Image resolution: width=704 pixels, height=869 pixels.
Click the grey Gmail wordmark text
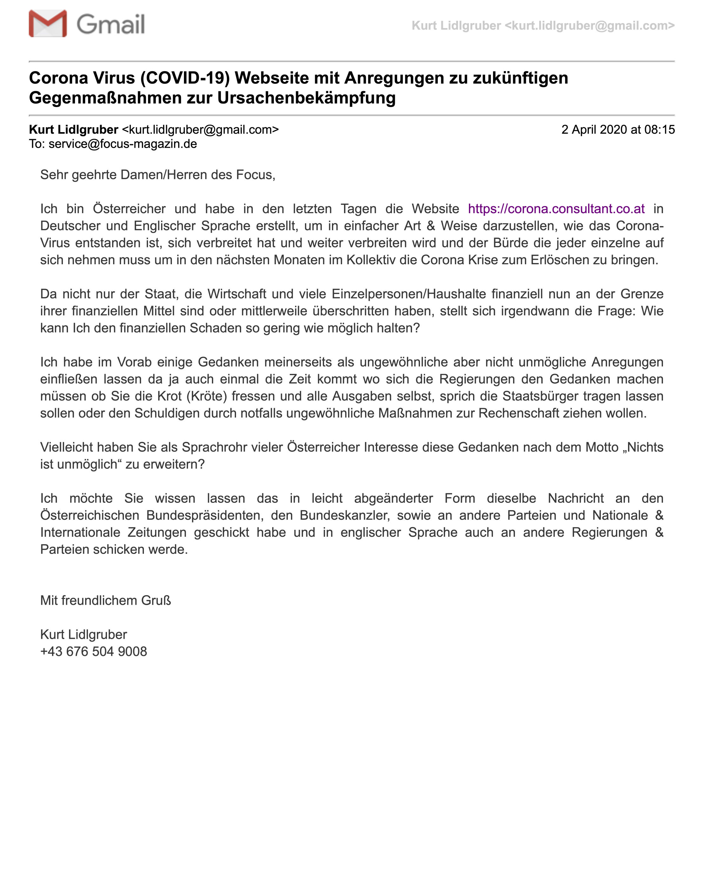(x=110, y=24)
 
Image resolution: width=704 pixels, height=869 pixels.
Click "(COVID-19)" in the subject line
(x=185, y=78)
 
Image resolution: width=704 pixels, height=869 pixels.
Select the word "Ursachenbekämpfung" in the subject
(x=306, y=98)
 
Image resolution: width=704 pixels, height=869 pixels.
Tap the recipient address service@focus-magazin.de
(x=123, y=144)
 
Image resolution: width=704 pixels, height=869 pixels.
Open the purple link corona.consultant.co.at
(x=556, y=209)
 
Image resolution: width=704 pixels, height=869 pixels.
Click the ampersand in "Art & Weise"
(x=431, y=226)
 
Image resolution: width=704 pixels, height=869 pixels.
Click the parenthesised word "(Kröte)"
(x=206, y=396)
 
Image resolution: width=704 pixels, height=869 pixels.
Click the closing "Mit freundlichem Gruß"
(x=105, y=601)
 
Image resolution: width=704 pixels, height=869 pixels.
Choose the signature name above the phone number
(x=84, y=635)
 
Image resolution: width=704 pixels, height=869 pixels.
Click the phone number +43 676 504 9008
(x=93, y=652)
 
